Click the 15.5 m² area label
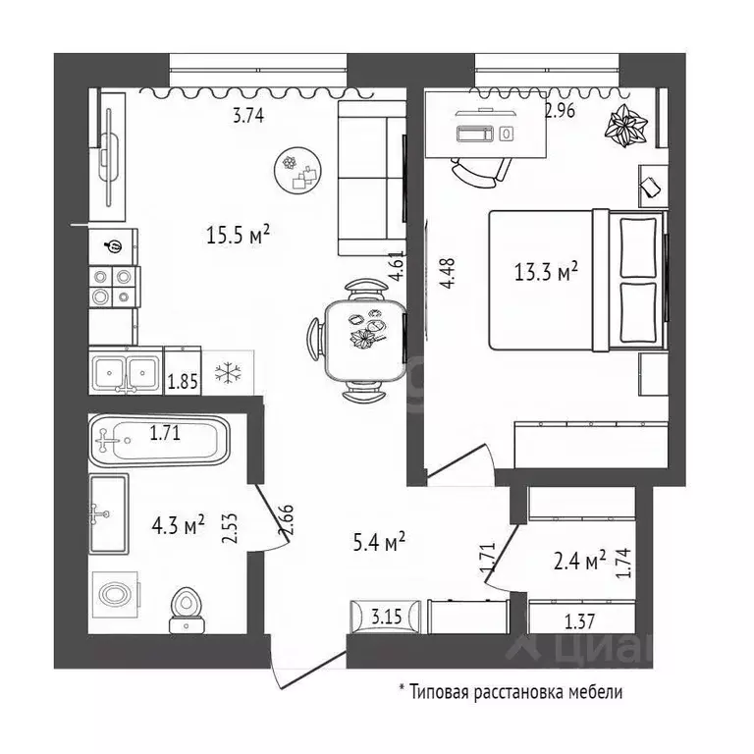tap(239, 235)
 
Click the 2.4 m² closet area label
tap(579, 561)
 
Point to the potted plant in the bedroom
tap(624, 126)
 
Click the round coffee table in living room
tap(299, 169)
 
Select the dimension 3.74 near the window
tap(247, 116)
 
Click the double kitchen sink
tap(126, 372)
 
